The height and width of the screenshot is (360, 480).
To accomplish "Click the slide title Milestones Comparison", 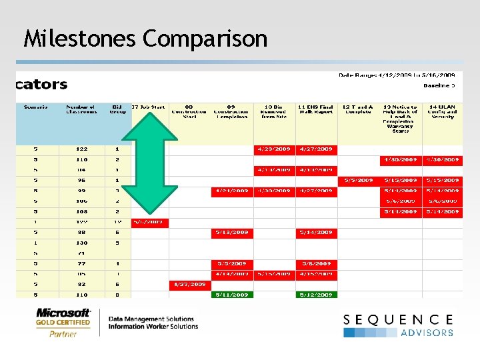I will pyautogui.click(x=145, y=39).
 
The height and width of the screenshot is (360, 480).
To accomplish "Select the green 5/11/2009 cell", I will pyautogui.click(x=231, y=294).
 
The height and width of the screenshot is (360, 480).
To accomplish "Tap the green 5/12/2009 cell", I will pyautogui.click(x=316, y=294).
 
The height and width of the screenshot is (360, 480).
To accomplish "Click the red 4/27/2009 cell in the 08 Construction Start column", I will pyautogui.click(x=189, y=284).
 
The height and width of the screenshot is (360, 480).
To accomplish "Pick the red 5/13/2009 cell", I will pyautogui.click(x=231, y=232).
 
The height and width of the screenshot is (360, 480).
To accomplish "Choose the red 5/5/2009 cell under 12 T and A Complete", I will pyautogui.click(x=358, y=180).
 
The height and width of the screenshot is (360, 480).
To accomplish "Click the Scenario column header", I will pyautogui.click(x=35, y=107).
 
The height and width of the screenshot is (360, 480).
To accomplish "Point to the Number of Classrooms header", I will pyautogui.click(x=80, y=109).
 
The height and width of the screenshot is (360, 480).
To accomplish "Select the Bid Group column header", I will pyautogui.click(x=117, y=109).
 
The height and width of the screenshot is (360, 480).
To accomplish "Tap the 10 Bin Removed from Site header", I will pyautogui.click(x=273, y=111).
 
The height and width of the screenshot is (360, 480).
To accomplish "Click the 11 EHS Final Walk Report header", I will pyautogui.click(x=316, y=109).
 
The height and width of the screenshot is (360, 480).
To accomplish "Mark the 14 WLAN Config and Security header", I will pyautogui.click(x=442, y=111).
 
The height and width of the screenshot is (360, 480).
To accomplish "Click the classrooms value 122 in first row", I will pyautogui.click(x=82, y=149).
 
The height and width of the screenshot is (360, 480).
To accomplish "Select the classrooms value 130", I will pyautogui.click(x=82, y=243).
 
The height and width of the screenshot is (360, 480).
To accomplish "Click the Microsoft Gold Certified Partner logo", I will pyautogui.click(x=63, y=322).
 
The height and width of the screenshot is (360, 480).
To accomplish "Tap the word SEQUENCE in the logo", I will pyautogui.click(x=398, y=321).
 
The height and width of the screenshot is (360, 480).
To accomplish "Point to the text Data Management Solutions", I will pyautogui.click(x=151, y=319).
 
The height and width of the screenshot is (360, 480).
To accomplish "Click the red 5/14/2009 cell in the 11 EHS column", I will pyautogui.click(x=316, y=232).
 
